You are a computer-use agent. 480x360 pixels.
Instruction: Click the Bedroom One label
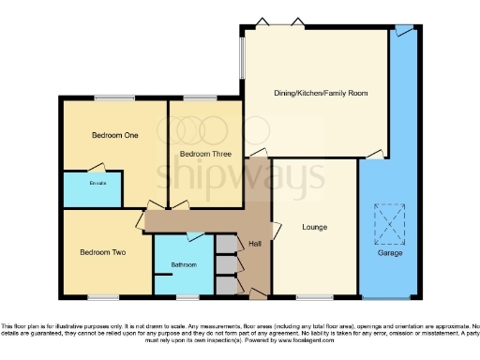[114, 136]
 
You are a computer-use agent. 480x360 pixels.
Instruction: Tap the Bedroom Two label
[102, 252]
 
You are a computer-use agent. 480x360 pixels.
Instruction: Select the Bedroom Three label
[204, 154]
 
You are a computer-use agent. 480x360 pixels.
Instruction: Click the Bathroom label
[184, 265]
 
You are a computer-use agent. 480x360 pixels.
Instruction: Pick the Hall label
[255, 245]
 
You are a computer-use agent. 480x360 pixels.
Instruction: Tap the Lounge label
[314, 227]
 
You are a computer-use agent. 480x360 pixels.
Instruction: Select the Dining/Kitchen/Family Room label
[321, 94]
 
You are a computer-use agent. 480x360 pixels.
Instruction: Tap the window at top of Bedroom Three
[196, 97]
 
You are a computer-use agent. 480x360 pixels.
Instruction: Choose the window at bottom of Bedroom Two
[103, 297]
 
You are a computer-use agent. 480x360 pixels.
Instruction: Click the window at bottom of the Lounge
[313, 297]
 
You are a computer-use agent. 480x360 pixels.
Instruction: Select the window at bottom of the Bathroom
[187, 297]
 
